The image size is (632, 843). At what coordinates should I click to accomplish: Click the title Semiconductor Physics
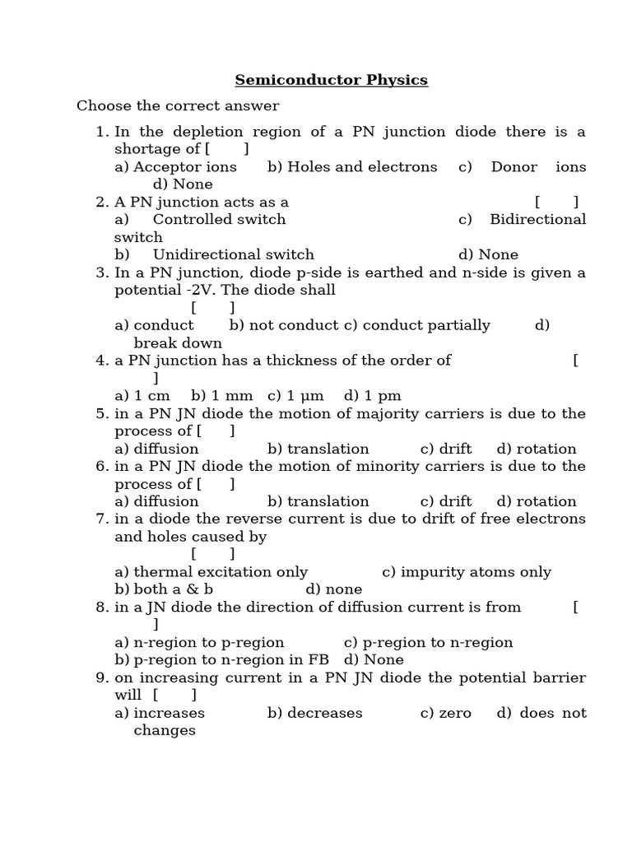(332, 80)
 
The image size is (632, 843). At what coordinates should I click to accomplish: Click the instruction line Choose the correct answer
(178, 105)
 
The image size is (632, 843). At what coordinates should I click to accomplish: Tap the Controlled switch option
(219, 219)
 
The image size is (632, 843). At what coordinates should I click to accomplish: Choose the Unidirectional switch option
(233, 254)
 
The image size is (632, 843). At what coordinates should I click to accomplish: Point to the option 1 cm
(151, 396)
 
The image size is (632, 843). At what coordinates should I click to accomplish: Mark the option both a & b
(173, 589)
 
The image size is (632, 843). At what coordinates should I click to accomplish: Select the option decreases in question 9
(324, 713)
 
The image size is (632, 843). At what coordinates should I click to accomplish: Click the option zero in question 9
(455, 713)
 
